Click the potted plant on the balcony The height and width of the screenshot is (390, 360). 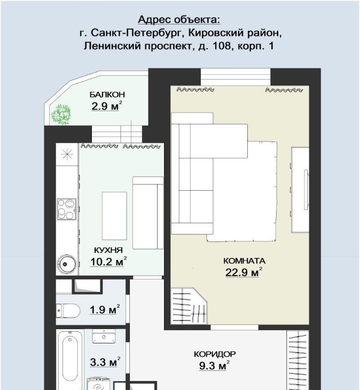61,115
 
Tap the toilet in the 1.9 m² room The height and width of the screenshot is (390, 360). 68,310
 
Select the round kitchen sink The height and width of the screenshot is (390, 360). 67,264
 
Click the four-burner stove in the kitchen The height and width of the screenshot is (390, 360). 67,209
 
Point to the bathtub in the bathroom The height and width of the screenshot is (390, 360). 70,359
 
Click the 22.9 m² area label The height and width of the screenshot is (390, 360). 244,272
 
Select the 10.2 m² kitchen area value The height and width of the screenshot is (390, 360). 108,262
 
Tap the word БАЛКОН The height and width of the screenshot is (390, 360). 107,95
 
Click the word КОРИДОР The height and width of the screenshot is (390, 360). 215,354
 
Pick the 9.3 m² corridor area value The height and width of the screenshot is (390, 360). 214,365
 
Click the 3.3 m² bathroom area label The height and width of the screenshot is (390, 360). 105,362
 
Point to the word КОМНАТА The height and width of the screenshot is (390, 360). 244,261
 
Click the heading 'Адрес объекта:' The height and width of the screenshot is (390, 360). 179,20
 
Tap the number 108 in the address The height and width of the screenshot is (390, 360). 221,46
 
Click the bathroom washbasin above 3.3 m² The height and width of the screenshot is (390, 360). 104,337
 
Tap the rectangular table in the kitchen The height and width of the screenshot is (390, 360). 114,216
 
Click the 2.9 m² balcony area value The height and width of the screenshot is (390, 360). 107,106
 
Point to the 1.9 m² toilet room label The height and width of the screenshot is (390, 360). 105,310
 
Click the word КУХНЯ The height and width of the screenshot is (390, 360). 108,250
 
